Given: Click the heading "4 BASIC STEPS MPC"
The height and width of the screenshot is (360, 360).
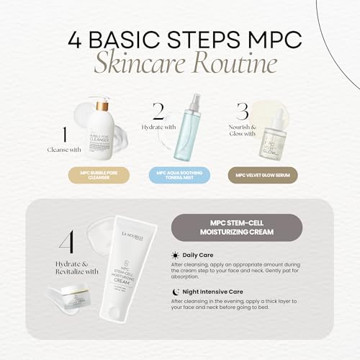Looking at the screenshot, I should (x=179, y=37).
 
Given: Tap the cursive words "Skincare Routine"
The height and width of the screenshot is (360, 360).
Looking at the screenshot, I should (x=179, y=63).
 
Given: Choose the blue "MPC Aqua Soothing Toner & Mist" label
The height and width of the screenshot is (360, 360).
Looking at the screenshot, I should (x=179, y=174).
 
